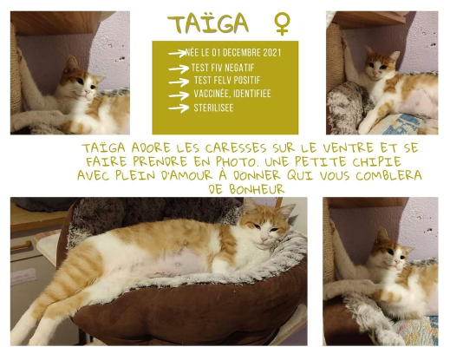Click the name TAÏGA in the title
pos(208,23)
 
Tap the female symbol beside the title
pos(282,23)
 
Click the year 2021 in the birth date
pos(272,53)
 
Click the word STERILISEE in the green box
pos(213,108)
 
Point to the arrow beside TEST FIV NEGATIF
pos(179,69)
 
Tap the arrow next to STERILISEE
pos(179,108)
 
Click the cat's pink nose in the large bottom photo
pos(264,239)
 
